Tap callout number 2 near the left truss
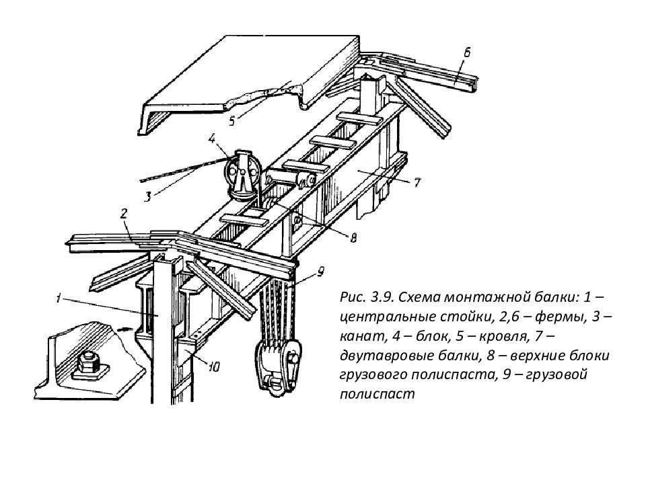coord(124,214)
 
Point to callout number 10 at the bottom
coord(213,367)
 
